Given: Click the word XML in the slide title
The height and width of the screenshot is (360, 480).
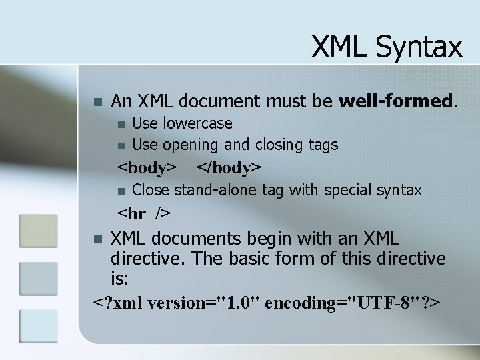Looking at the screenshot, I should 341,47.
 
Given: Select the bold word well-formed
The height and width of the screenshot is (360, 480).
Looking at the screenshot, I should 398,101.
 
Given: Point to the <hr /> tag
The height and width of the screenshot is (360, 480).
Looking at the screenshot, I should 144,214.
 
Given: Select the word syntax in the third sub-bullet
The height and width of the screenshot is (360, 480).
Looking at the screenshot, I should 397,190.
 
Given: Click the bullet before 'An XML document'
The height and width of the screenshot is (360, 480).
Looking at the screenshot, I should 98,103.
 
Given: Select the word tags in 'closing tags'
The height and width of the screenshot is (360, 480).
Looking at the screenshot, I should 323,144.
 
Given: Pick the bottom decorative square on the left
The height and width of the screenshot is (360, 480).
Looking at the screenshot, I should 33,326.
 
